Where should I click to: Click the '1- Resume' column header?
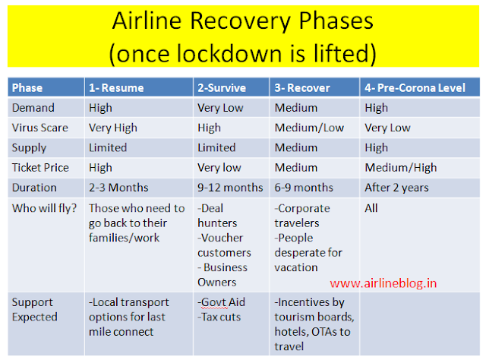click(116, 87)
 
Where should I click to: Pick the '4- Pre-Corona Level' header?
click(415, 87)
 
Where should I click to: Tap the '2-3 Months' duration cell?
click(119, 187)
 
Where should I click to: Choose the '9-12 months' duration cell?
click(230, 187)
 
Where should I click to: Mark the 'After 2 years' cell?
click(397, 187)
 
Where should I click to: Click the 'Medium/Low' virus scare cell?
click(308, 128)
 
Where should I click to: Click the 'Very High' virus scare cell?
click(113, 128)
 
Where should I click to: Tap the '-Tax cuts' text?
click(221, 317)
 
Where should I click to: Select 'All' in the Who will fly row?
click(371, 207)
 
